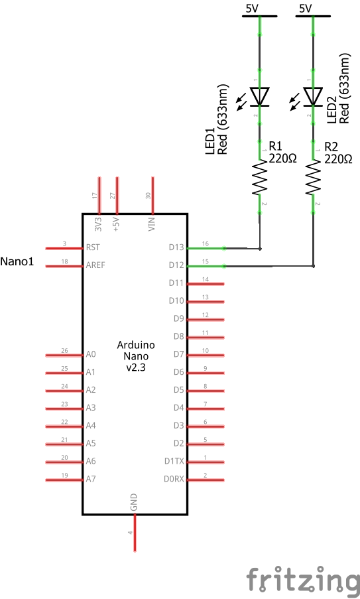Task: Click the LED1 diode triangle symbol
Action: [260, 97]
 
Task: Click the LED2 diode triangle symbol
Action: [314, 97]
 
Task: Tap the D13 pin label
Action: [176, 248]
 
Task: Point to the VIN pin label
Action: [152, 224]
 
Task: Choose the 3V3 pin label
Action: [99, 223]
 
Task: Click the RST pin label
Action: [93, 247]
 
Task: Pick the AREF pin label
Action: [95, 265]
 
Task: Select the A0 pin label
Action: [91, 355]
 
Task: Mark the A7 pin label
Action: [91, 479]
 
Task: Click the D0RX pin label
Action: [174, 479]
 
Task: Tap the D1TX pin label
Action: [174, 461]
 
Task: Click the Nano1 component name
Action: [17, 261]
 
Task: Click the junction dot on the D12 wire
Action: [314, 267]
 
